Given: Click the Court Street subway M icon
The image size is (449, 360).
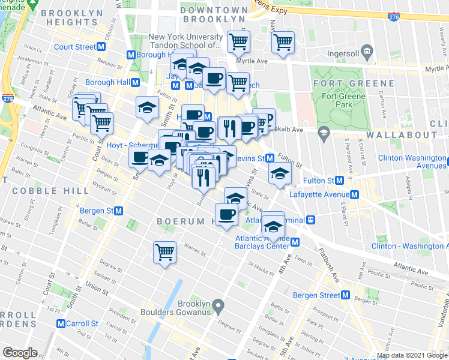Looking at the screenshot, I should pyautogui.click(x=102, y=47).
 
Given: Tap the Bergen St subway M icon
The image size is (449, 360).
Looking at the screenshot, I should pyautogui.click(x=119, y=211).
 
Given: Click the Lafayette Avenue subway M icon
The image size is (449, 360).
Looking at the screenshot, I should pyautogui.click(x=355, y=195).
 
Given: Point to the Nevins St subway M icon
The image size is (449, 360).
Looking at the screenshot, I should pyautogui.click(x=270, y=158).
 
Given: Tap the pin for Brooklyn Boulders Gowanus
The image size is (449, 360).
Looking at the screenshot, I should pyautogui.click(x=219, y=307).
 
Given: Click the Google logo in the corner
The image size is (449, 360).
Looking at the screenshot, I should pyautogui.click(x=20, y=352).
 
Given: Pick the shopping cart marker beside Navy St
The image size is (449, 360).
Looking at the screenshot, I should pyautogui.click(x=283, y=43).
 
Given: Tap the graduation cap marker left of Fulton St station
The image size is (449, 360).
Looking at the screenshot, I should pyautogui.click(x=280, y=174).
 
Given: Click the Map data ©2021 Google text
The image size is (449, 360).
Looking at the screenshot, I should pyautogui.click(x=412, y=355).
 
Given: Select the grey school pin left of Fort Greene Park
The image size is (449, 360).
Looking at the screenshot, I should pyautogui.click(x=324, y=133).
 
